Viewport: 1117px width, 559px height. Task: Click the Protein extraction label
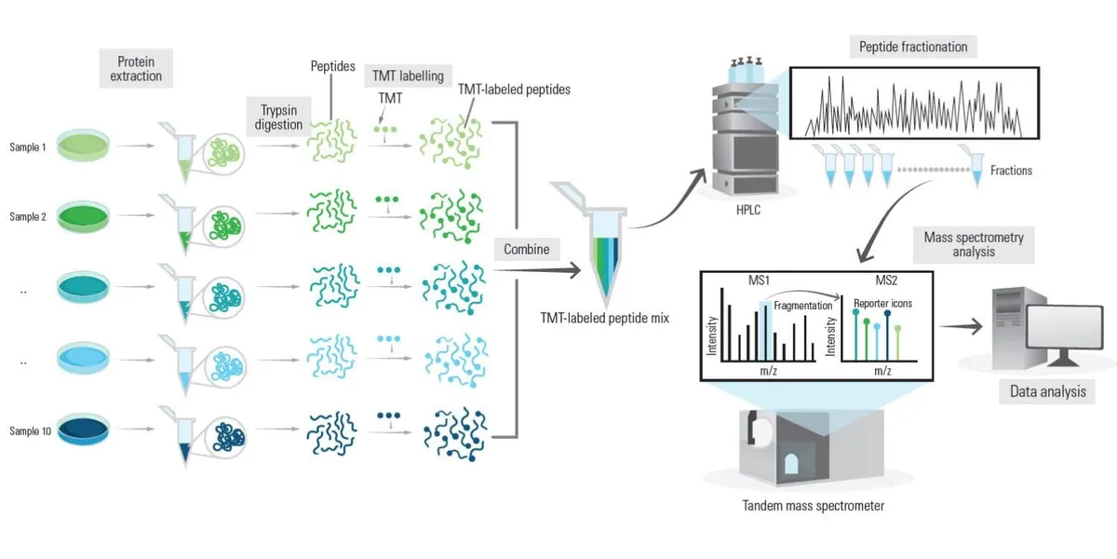pyautogui.click(x=136, y=68)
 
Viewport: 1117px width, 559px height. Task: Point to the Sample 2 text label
pyautogui.click(x=28, y=217)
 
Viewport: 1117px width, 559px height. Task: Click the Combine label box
pyautogui.click(x=526, y=249)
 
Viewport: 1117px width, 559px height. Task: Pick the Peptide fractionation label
pyautogui.click(x=913, y=47)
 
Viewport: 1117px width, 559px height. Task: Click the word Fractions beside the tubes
pyautogui.click(x=1011, y=170)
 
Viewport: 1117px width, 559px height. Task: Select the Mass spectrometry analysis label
pyautogui.click(x=974, y=244)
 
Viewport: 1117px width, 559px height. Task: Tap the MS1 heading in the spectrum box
pyautogui.click(x=747, y=280)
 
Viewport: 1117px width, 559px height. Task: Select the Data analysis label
pyautogui.click(x=1048, y=391)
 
